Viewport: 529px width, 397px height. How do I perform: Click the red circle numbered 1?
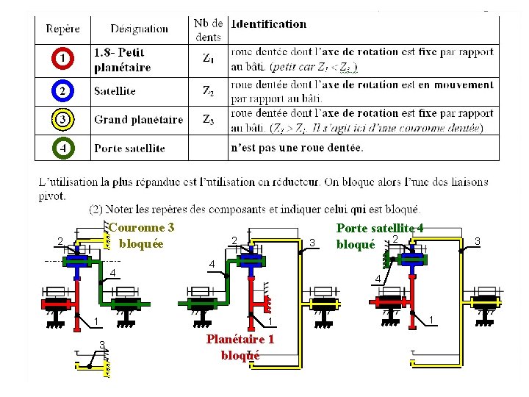click(x=63, y=58)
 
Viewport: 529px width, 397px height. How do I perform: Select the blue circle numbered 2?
click(x=63, y=91)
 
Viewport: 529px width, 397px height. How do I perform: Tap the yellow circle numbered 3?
click(x=63, y=119)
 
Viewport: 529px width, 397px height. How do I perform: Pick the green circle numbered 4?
click(x=63, y=148)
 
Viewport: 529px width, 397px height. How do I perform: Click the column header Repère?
click(x=63, y=29)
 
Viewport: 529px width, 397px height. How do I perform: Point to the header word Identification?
click(x=268, y=24)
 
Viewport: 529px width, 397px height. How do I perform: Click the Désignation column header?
click(x=139, y=29)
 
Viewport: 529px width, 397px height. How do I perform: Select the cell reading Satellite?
click(x=115, y=91)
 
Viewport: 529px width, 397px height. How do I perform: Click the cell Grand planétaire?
click(x=138, y=120)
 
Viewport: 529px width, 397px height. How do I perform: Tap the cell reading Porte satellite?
click(x=129, y=148)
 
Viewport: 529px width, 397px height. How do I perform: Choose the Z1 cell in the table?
click(x=209, y=58)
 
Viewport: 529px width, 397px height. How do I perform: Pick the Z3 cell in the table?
click(x=209, y=120)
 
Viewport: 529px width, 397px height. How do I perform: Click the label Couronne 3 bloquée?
click(x=142, y=235)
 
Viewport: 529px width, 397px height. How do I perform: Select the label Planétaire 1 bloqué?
click(x=240, y=347)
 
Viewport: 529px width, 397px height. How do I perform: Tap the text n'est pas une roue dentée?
click(x=297, y=148)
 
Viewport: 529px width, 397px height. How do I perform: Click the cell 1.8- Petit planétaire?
click(x=122, y=60)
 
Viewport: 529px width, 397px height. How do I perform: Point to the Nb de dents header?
click(x=209, y=29)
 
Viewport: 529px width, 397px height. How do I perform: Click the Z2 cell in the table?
click(x=209, y=91)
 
